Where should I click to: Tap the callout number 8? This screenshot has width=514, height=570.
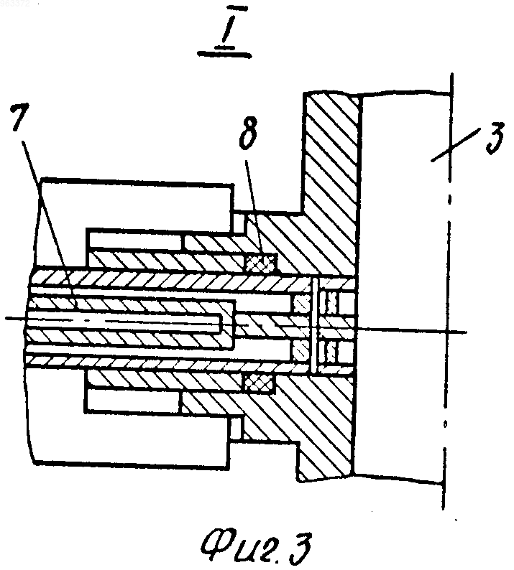[248, 134]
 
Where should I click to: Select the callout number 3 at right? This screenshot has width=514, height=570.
[495, 137]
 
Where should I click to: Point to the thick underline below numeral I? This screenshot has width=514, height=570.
[224, 54]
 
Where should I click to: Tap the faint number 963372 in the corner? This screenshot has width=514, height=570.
[15, 4]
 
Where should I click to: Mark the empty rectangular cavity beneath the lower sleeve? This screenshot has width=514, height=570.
[133, 401]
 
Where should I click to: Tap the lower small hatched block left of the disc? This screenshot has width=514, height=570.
[301, 351]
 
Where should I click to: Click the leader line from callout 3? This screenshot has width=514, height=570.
[456, 144]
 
